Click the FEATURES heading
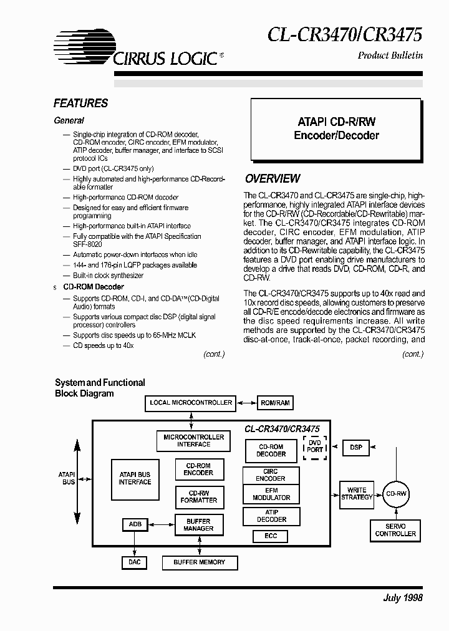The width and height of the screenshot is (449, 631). pyautogui.click(x=80, y=104)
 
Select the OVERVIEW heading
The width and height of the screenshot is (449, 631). pyautogui.click(x=273, y=179)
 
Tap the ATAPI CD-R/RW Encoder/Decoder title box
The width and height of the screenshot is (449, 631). pyautogui.click(x=336, y=128)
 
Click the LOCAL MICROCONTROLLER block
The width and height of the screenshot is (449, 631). pyautogui.click(x=191, y=403)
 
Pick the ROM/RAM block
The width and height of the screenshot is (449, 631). pyautogui.click(x=275, y=403)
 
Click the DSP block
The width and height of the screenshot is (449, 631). pyautogui.click(x=356, y=447)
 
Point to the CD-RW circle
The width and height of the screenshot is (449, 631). pyautogui.click(x=397, y=493)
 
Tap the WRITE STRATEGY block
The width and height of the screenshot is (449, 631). pyautogui.click(x=357, y=493)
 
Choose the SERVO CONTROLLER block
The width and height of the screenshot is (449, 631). pyautogui.click(x=395, y=530)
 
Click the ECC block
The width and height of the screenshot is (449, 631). pyautogui.click(x=270, y=536)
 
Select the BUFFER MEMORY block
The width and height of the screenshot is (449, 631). pyautogui.click(x=199, y=562)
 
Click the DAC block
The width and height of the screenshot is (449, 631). pyautogui.click(x=135, y=562)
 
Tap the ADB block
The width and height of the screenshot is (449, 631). pyautogui.click(x=135, y=524)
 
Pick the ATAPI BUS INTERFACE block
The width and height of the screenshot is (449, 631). pyautogui.click(x=135, y=478)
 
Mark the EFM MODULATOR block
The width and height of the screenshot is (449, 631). pyautogui.click(x=271, y=494)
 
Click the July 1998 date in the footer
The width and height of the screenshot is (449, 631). pyautogui.click(x=403, y=597)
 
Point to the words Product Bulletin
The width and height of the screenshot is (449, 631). pyautogui.click(x=390, y=55)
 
